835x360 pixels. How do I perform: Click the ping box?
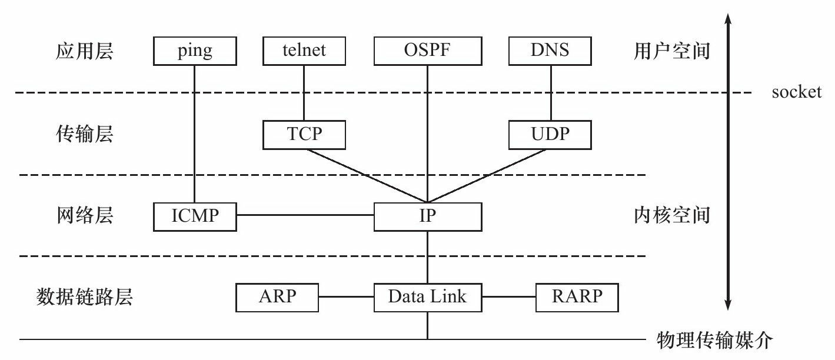(x=195, y=51)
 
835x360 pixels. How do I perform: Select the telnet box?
(x=304, y=51)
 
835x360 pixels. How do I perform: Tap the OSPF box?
(x=427, y=51)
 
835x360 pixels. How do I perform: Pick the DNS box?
(x=550, y=51)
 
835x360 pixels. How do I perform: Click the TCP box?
(x=304, y=135)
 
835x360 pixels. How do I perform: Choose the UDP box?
(x=550, y=135)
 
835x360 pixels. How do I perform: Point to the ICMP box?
(x=195, y=216)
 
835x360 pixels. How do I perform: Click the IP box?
(x=427, y=216)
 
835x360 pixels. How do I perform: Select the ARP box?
(x=277, y=297)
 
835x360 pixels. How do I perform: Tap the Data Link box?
(x=427, y=297)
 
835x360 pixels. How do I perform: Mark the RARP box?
(x=577, y=297)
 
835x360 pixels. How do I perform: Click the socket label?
(x=797, y=92)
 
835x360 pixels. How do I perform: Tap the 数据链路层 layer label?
(x=85, y=297)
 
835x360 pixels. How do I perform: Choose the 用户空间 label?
(x=672, y=52)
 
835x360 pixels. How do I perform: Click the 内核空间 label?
(x=672, y=216)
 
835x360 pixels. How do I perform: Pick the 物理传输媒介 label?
(x=713, y=340)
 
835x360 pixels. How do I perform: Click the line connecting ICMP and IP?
(x=305, y=215)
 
